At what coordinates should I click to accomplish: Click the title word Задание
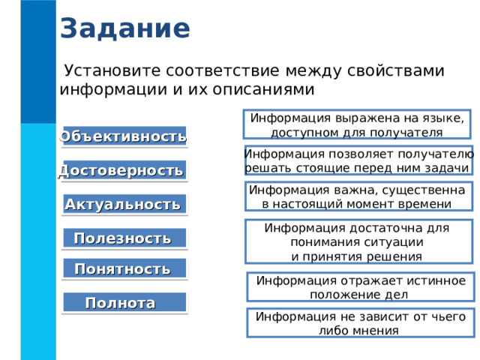click(x=124, y=28)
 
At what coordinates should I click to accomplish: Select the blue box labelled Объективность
click(x=124, y=136)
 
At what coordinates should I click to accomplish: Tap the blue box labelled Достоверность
click(x=123, y=170)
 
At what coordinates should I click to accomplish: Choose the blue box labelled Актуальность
click(x=123, y=204)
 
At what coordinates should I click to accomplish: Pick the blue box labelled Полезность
click(x=123, y=238)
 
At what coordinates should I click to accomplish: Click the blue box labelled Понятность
click(x=123, y=268)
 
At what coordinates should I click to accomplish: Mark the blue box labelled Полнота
click(x=123, y=303)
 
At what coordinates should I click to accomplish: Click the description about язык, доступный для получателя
click(x=356, y=125)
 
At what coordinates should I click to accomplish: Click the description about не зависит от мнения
click(x=359, y=323)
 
